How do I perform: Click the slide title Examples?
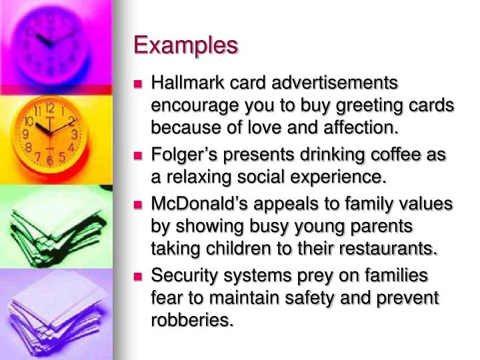point(185,45)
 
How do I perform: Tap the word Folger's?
point(183,155)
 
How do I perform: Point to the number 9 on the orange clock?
point(25,133)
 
